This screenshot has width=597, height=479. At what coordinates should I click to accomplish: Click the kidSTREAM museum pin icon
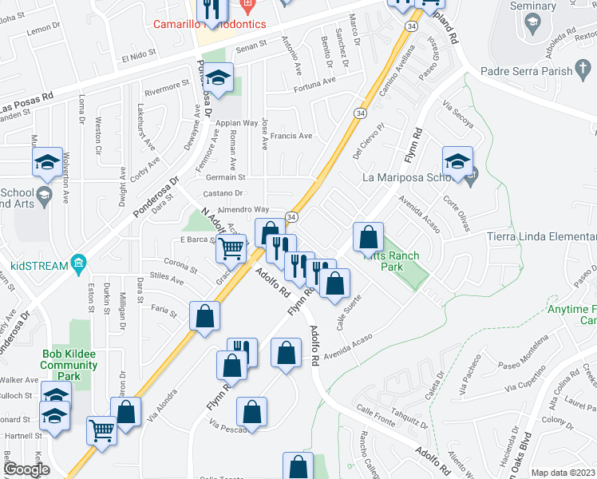[x=78, y=263]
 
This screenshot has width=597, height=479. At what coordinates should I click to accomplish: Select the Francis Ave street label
[x=291, y=136]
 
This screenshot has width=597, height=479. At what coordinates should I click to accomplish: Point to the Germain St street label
[x=226, y=177]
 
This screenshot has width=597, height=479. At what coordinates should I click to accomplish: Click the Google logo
[x=26, y=470]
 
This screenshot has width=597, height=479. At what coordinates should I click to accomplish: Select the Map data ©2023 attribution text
[x=562, y=473]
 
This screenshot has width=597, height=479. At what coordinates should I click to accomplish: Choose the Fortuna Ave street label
[x=314, y=83]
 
